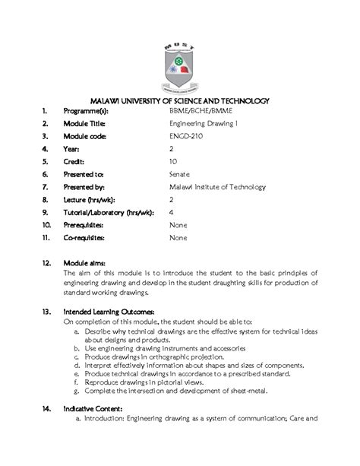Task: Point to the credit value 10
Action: tap(173, 161)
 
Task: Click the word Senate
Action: tap(180, 174)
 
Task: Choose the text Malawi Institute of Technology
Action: tap(217, 187)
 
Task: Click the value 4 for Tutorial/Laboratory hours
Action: tap(172, 213)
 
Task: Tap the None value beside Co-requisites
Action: tap(178, 238)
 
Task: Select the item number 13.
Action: tap(47, 312)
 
